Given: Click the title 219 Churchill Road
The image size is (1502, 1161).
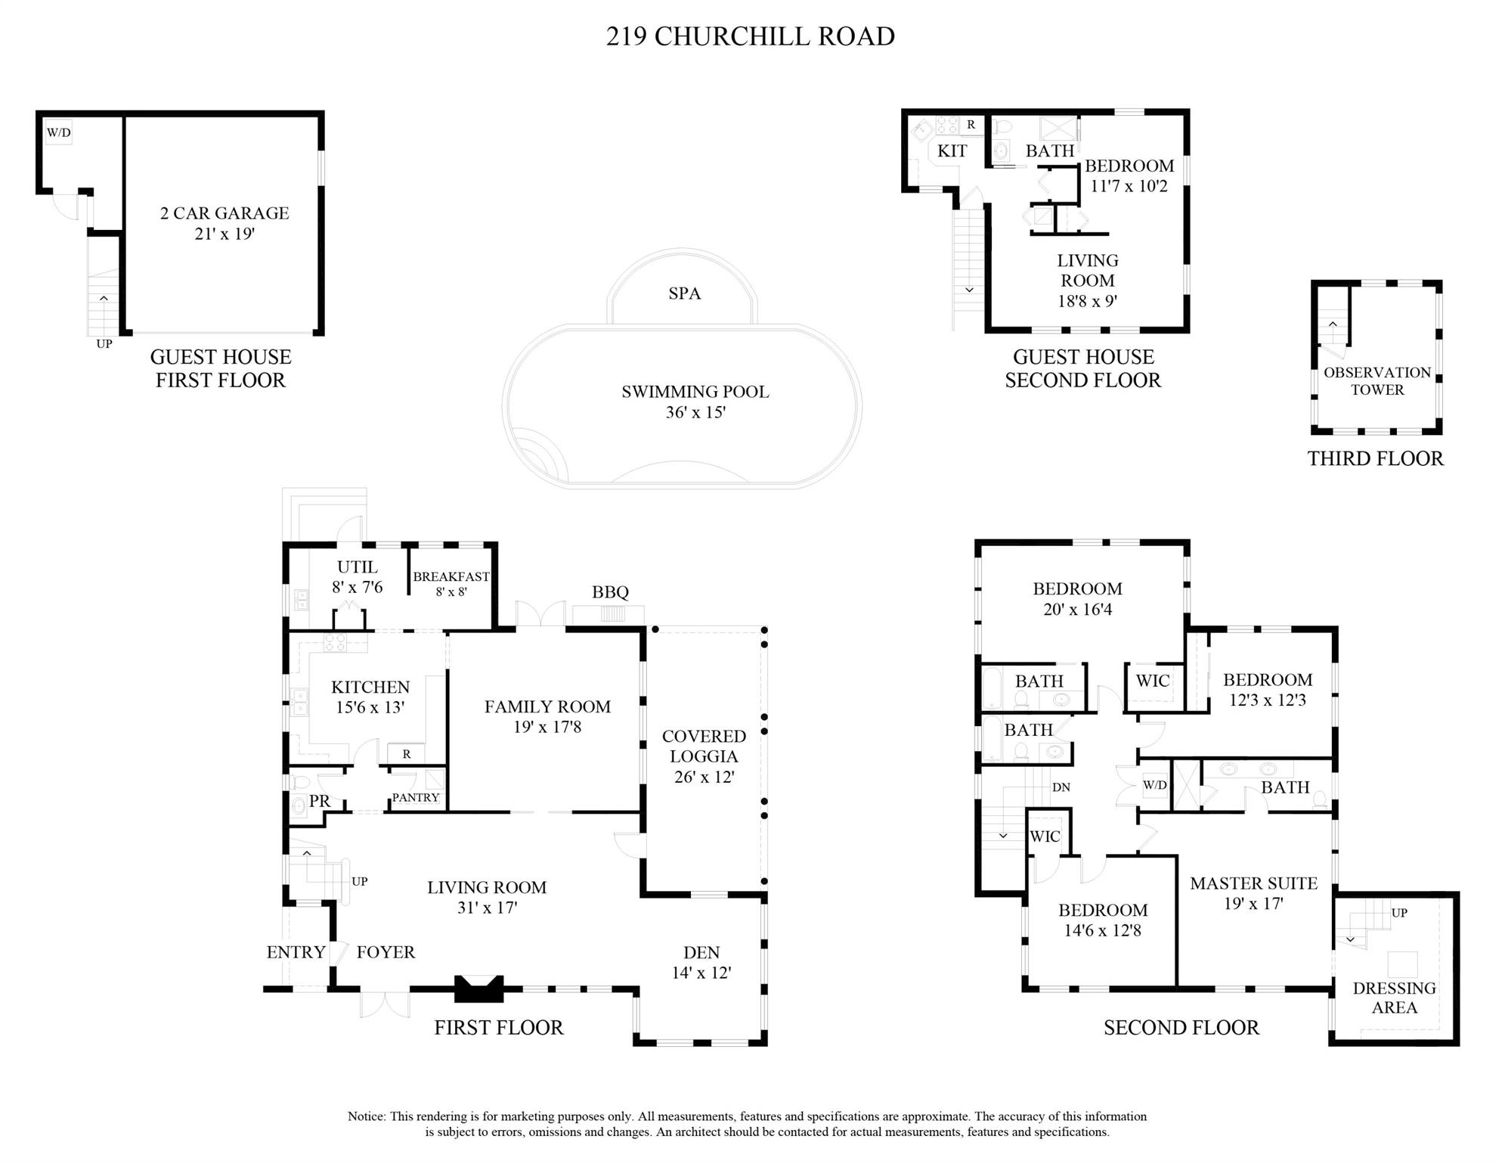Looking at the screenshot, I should click(750, 36).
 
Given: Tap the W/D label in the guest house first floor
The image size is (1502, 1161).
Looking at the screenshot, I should click(59, 133).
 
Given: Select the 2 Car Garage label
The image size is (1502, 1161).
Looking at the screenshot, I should click(225, 223).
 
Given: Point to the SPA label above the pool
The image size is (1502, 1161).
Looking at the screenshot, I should click(684, 293).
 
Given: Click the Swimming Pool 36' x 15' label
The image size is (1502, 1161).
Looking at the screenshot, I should click(695, 402).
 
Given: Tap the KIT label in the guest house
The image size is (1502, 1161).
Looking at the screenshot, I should click(952, 151).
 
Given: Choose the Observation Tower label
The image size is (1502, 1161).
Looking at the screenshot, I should click(1377, 381).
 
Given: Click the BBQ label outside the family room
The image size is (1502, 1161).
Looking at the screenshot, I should click(610, 592).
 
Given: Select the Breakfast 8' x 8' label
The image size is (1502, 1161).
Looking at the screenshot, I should click(451, 583).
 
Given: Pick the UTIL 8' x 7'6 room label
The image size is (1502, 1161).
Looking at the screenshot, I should click(357, 576).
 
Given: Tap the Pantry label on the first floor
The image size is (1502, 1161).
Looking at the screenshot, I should click(415, 797).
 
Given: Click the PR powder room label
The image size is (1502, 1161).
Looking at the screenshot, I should click(320, 801).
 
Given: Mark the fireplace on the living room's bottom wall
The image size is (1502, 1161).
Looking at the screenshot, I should click(478, 989).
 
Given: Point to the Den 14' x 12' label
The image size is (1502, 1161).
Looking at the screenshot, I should click(701, 962).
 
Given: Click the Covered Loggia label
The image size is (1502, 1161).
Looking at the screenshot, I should click(704, 756).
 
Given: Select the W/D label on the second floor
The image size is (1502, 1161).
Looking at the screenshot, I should click(1154, 785).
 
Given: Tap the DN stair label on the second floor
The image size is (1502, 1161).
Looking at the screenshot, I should click(1061, 787).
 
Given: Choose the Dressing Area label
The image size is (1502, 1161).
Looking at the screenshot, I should click(1394, 998).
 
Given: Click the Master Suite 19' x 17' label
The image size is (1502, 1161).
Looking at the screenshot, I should click(1253, 892).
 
